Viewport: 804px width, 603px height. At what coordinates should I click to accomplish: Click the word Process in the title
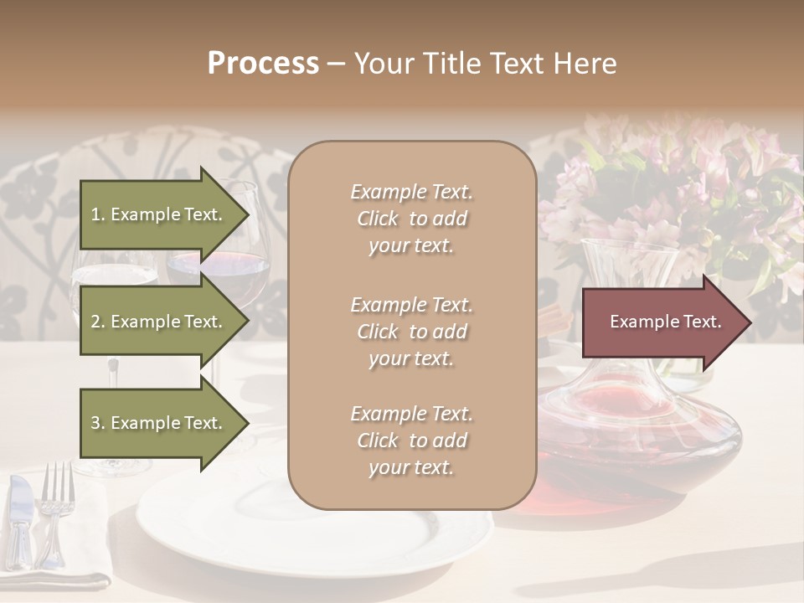[263, 64]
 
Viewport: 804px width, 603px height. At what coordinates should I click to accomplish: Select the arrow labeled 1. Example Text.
[159, 214]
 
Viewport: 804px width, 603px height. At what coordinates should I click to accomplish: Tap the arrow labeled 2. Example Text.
[159, 322]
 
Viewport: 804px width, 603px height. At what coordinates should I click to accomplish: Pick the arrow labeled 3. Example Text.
[159, 423]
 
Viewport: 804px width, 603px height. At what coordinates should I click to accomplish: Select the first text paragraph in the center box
[411, 219]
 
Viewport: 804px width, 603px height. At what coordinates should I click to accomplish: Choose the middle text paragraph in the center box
[411, 332]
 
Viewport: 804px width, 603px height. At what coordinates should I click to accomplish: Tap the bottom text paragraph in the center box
[411, 441]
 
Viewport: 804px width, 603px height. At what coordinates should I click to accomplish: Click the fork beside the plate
[55, 511]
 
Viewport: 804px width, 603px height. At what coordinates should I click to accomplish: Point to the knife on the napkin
[20, 519]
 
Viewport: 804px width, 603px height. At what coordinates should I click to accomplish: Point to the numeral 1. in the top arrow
[98, 214]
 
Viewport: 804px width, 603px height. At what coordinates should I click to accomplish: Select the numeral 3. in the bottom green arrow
[98, 423]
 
